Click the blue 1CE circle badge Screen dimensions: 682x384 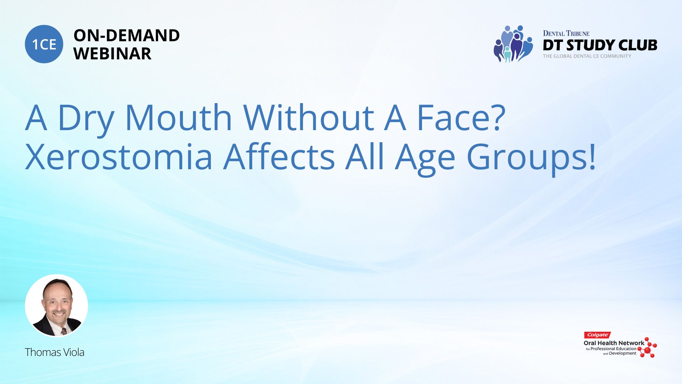pos(44,44)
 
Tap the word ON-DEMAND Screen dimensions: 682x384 pos(126,36)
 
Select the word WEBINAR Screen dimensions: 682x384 pos(112,54)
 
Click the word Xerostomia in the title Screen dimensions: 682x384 pos(119,156)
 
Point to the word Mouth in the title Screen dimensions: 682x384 pos(179,117)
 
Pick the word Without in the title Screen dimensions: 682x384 pos(308,117)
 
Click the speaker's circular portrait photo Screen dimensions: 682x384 pos(56,305)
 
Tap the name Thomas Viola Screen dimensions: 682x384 pos(55,352)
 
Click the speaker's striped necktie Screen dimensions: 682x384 pos(64,331)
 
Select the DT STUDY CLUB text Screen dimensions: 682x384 pos(600,45)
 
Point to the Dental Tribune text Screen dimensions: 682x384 pos(566,33)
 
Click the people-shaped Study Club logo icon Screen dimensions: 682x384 pos(513,44)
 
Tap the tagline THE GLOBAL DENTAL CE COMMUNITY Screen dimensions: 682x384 pos(587,56)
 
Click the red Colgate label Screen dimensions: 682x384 pos(597,335)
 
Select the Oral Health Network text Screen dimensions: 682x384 pos(614,343)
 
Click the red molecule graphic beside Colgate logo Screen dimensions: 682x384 pos(648,348)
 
